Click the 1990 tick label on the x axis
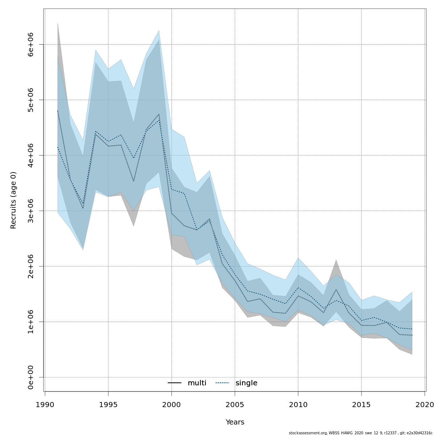click(x=45, y=404)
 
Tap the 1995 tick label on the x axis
click(x=108, y=404)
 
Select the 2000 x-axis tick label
click(x=171, y=404)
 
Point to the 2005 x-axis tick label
click(x=235, y=404)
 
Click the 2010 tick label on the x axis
click(x=298, y=404)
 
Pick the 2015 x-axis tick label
click(x=361, y=404)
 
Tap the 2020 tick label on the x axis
click(x=424, y=404)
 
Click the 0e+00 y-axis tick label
click(x=30, y=377)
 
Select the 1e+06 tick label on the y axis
click(x=30, y=322)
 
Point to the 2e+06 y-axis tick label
click(x=30, y=266)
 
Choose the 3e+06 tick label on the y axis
click(x=30, y=211)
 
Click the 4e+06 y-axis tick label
click(x=30, y=156)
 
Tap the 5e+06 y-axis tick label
click(x=30, y=100)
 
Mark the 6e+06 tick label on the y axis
click(x=30, y=45)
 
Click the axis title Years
click(x=235, y=422)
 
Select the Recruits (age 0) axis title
click(x=13, y=200)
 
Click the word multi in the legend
click(x=197, y=383)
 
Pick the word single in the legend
click(x=246, y=383)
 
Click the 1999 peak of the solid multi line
click(x=159, y=114)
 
